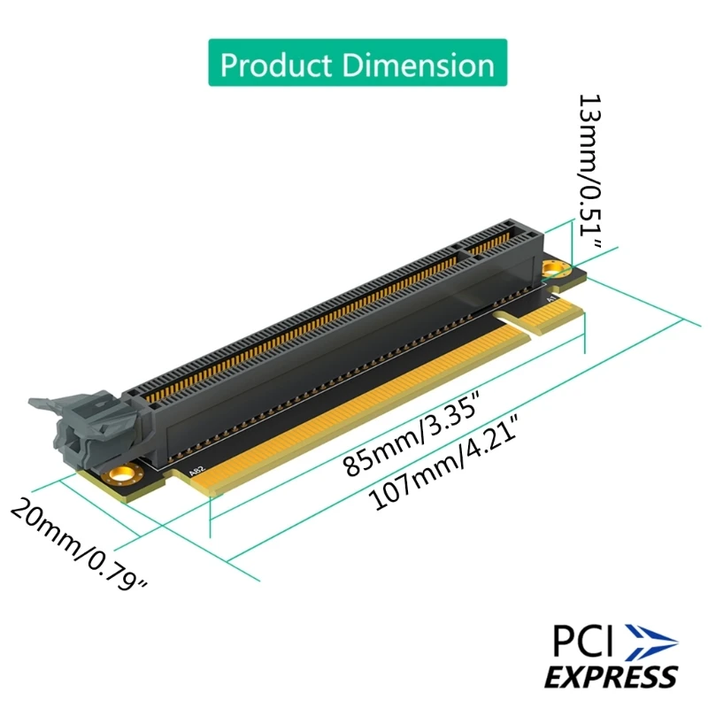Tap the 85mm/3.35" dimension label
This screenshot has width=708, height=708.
412,441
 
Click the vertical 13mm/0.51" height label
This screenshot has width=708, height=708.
591,168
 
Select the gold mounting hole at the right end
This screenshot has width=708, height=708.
554,266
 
